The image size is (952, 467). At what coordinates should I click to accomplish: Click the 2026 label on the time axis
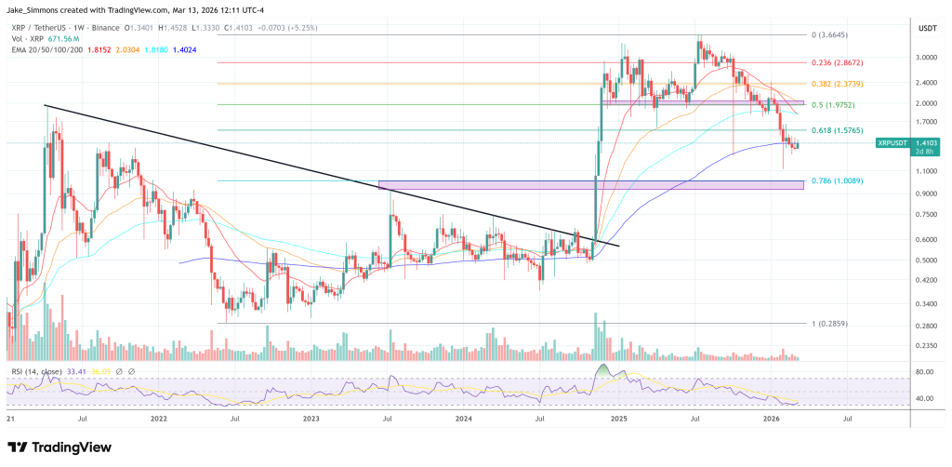click(x=771, y=420)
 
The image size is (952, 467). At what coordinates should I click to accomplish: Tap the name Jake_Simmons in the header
click(x=34, y=8)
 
